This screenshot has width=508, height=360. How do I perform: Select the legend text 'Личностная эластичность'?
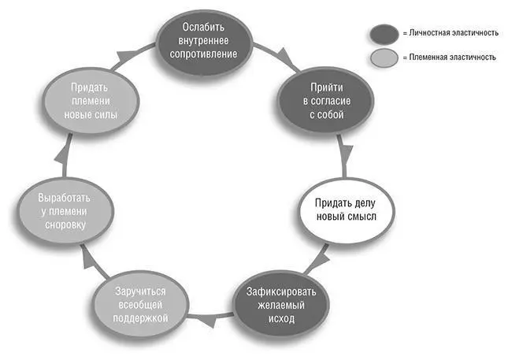point(454,33)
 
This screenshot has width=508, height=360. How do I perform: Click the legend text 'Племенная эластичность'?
point(452,58)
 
